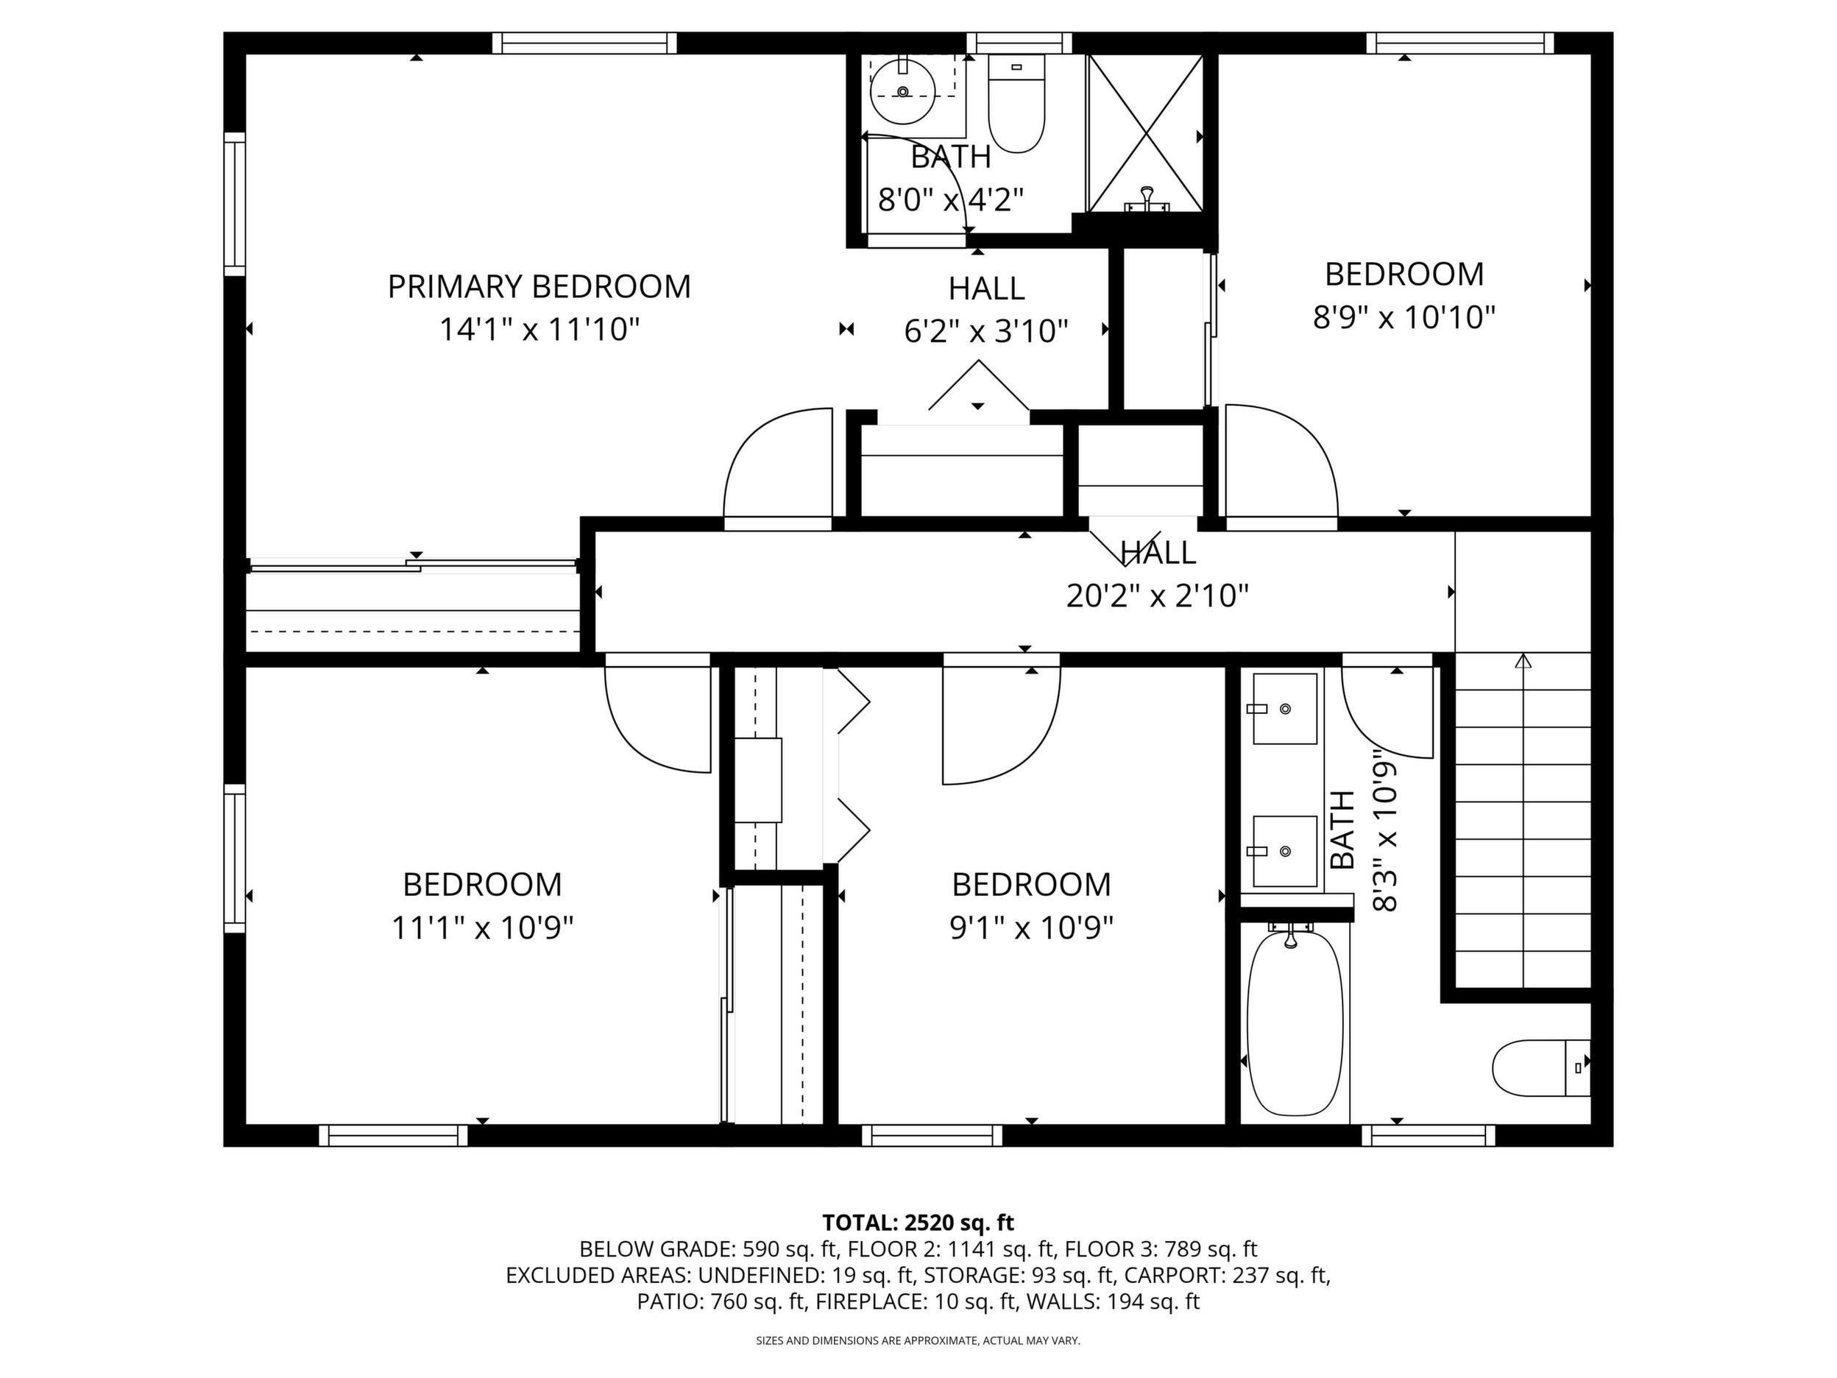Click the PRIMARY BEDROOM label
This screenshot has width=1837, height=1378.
point(539,286)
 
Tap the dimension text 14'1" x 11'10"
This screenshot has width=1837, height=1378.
point(539,330)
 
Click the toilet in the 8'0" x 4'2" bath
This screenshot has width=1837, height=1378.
point(1016,104)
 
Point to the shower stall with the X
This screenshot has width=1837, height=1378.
point(1145,135)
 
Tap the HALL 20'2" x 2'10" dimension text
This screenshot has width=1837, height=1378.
point(1157,596)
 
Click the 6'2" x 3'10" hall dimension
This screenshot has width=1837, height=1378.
point(985,331)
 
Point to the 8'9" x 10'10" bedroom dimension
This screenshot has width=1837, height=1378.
point(1404,317)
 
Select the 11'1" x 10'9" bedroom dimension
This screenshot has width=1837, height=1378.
point(483,928)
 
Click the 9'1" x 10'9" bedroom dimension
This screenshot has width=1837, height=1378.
point(1031,928)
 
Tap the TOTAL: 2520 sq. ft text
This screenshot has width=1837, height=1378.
point(918,1223)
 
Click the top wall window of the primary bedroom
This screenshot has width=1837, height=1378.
point(584,43)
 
